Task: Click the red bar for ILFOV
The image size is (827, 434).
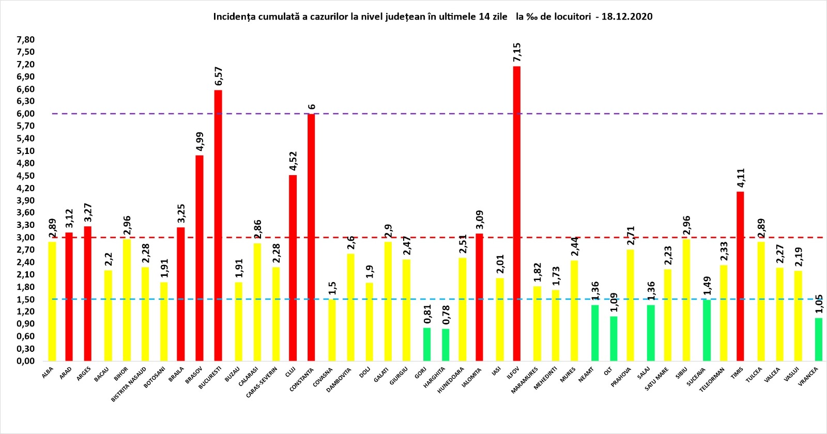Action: (x=517, y=213)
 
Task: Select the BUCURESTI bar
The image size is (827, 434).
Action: (x=218, y=225)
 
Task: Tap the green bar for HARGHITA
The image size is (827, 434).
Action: (x=446, y=345)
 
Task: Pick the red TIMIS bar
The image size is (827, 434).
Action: (x=740, y=276)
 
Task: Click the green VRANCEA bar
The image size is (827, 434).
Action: (x=819, y=339)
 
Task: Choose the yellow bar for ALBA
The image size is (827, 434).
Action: (x=52, y=301)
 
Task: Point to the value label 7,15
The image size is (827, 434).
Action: (x=517, y=52)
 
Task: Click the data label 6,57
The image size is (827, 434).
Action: (x=219, y=76)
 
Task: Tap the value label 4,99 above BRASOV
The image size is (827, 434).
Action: (x=200, y=142)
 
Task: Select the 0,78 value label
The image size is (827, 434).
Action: (x=446, y=315)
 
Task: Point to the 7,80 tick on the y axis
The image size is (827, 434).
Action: (x=25, y=40)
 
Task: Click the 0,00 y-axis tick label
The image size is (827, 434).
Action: (x=25, y=361)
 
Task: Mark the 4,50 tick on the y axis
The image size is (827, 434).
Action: (x=25, y=176)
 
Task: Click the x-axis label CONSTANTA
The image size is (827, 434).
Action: (x=302, y=379)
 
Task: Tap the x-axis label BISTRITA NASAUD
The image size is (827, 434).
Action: (x=129, y=384)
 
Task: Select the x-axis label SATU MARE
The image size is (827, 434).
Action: (x=657, y=379)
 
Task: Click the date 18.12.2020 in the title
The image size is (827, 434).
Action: (x=627, y=17)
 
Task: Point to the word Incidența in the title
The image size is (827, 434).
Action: (x=233, y=17)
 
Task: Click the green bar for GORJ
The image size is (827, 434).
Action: (x=427, y=344)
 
